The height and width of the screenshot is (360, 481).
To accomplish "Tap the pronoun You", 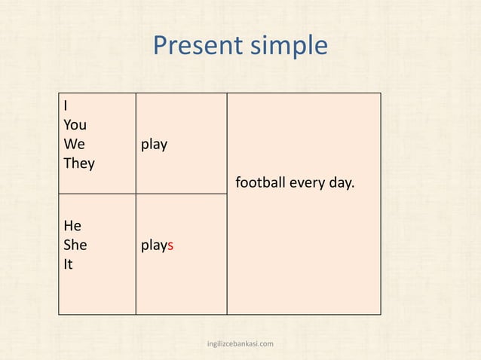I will tap(75, 125).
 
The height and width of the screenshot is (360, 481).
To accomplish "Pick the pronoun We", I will tap(74, 144).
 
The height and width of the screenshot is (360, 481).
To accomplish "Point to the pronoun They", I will tap(79, 163).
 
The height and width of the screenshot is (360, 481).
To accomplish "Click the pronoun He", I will tap(72, 226).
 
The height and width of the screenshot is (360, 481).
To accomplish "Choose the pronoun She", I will tap(75, 245).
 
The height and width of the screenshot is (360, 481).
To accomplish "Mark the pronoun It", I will tap(68, 264).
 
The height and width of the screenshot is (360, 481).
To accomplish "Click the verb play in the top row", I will tap(155, 144).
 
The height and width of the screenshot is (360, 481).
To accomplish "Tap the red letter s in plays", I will tap(171, 246).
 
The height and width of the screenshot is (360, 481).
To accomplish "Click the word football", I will tap(261, 182).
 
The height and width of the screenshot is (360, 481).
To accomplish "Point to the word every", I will tap(307, 182).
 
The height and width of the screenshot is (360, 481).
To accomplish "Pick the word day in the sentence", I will tap(339, 182).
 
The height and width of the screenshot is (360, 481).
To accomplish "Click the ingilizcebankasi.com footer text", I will tap(240, 344).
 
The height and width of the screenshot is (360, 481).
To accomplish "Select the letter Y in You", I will tap(67, 125).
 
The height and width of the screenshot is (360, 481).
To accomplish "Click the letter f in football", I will tap(238, 182).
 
